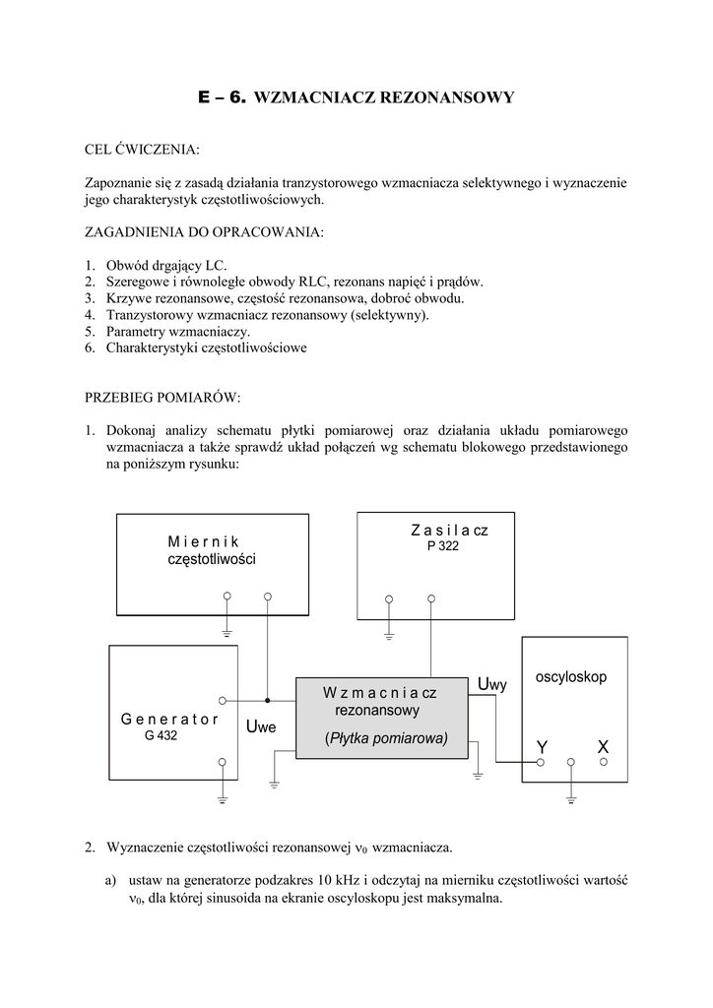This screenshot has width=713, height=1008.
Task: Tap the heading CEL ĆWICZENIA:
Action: [142, 150]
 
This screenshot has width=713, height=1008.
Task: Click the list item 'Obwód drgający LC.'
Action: [165, 265]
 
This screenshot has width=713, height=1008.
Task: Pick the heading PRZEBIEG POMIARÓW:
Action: [162, 398]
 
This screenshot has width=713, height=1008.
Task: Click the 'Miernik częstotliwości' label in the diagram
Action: [211, 550]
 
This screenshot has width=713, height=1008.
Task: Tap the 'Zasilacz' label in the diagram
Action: [449, 531]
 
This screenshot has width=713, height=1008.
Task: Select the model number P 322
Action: [443, 546]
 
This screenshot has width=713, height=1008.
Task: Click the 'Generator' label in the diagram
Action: [169, 719]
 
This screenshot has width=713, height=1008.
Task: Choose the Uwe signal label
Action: [262, 727]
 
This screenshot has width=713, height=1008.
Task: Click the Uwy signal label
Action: [491, 684]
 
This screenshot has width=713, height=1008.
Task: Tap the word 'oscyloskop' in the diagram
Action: [571, 677]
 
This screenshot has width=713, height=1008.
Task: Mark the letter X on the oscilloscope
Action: [603, 748]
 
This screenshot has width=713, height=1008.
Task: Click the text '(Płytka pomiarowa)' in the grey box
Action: [385, 738]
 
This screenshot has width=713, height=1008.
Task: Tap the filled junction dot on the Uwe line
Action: [267, 701]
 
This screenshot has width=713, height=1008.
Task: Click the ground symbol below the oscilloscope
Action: [570, 798]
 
